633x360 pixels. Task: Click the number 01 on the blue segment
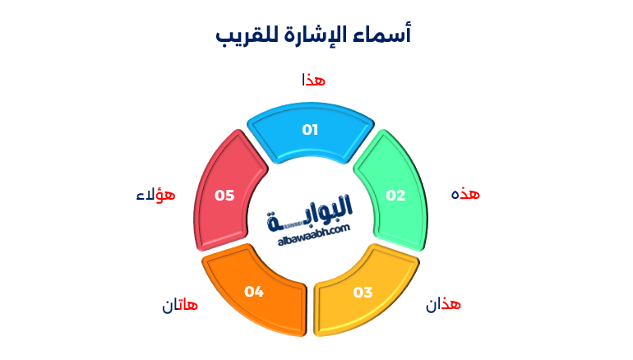click(310, 129)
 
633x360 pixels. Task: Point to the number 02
click(396, 196)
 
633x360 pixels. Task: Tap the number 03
click(363, 292)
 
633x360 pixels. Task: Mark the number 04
click(253, 291)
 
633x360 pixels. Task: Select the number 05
click(224, 196)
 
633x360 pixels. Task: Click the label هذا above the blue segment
click(313, 80)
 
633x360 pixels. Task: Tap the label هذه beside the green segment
click(465, 194)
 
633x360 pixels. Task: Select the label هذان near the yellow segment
click(443, 305)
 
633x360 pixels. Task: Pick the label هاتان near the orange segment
click(180, 307)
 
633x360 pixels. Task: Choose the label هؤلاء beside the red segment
click(156, 195)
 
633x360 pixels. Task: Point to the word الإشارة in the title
click(313, 35)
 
